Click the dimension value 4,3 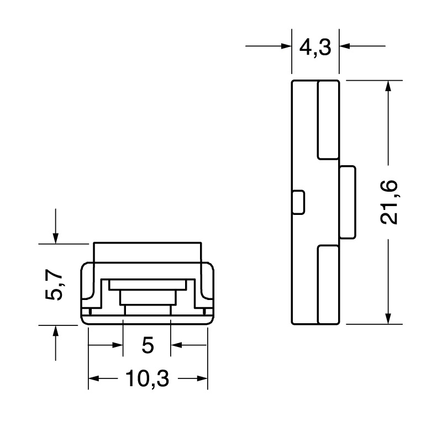315,48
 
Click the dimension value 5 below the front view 147,346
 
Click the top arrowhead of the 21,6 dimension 389,87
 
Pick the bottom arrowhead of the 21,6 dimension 389,317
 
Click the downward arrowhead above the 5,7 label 55,236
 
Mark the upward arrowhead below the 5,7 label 55,331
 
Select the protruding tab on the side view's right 347,202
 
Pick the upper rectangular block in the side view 328,119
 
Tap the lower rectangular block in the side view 328,285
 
